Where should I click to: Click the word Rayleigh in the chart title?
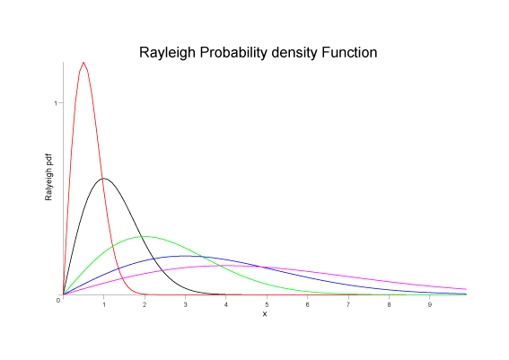tap(168, 53)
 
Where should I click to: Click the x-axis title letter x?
tap(265, 313)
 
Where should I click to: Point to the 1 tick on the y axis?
tap(56, 103)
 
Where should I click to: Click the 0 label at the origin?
tap(58, 300)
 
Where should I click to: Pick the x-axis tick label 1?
tap(104, 305)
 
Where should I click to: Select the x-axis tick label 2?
tap(145, 305)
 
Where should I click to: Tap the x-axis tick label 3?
tap(185, 305)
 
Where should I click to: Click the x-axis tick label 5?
tap(267, 305)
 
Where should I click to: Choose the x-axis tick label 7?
tap(348, 305)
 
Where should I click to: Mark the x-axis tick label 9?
tap(429, 305)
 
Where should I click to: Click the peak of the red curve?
tap(83, 63)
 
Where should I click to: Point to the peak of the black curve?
tap(104, 179)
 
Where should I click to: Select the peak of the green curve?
tap(144, 236)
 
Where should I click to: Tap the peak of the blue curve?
tap(185, 256)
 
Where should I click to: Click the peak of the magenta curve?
tap(225, 265)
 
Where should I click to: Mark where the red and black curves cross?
tap(107, 180)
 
